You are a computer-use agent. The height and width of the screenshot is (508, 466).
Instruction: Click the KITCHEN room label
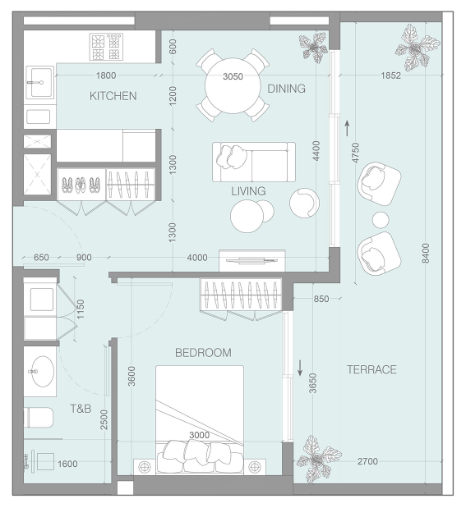click(x=113, y=96)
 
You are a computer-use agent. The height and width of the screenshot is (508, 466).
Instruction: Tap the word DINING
click(x=287, y=89)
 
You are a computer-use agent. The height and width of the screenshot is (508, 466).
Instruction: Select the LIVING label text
click(x=248, y=191)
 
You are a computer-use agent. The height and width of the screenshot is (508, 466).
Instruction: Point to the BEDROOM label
click(x=204, y=353)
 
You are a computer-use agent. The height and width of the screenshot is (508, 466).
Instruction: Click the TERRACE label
click(x=371, y=369)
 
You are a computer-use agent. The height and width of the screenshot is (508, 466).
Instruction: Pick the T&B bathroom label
click(x=81, y=409)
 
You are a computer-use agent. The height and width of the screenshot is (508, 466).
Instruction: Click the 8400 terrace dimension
click(x=426, y=253)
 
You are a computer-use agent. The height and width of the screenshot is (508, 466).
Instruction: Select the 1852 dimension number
click(x=390, y=76)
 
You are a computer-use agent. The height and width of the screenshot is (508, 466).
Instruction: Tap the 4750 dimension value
click(x=356, y=153)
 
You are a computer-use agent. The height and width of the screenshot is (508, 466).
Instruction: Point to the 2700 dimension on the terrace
click(x=367, y=461)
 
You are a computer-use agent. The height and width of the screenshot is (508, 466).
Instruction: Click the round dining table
click(x=233, y=85)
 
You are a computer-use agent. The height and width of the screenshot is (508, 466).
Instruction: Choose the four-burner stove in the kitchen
click(x=106, y=47)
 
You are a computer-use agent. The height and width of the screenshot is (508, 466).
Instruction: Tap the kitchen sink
click(x=40, y=82)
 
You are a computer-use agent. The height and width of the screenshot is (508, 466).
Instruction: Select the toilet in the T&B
click(x=39, y=417)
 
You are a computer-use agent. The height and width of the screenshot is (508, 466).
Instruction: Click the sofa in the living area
click(x=254, y=162)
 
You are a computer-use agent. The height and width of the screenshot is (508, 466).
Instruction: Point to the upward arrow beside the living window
click(x=347, y=128)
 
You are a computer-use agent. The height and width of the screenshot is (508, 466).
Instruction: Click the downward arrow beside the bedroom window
click(x=300, y=368)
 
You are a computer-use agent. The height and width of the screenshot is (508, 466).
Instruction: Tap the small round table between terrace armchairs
click(x=381, y=220)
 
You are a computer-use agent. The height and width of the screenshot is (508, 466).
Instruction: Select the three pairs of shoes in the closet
click(x=81, y=185)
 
